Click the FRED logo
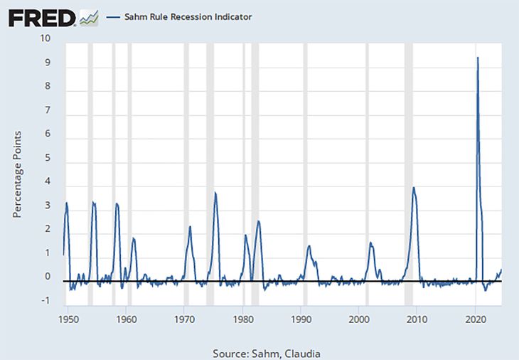point(41,16)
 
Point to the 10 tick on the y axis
point(46,38)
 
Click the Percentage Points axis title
point(19,174)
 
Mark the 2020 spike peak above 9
point(477,58)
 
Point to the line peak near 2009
point(414,188)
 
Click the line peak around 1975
point(215,193)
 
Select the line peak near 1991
point(309,246)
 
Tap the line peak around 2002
point(371,243)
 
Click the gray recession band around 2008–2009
point(409,142)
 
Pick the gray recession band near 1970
point(186,142)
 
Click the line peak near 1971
point(191,227)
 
